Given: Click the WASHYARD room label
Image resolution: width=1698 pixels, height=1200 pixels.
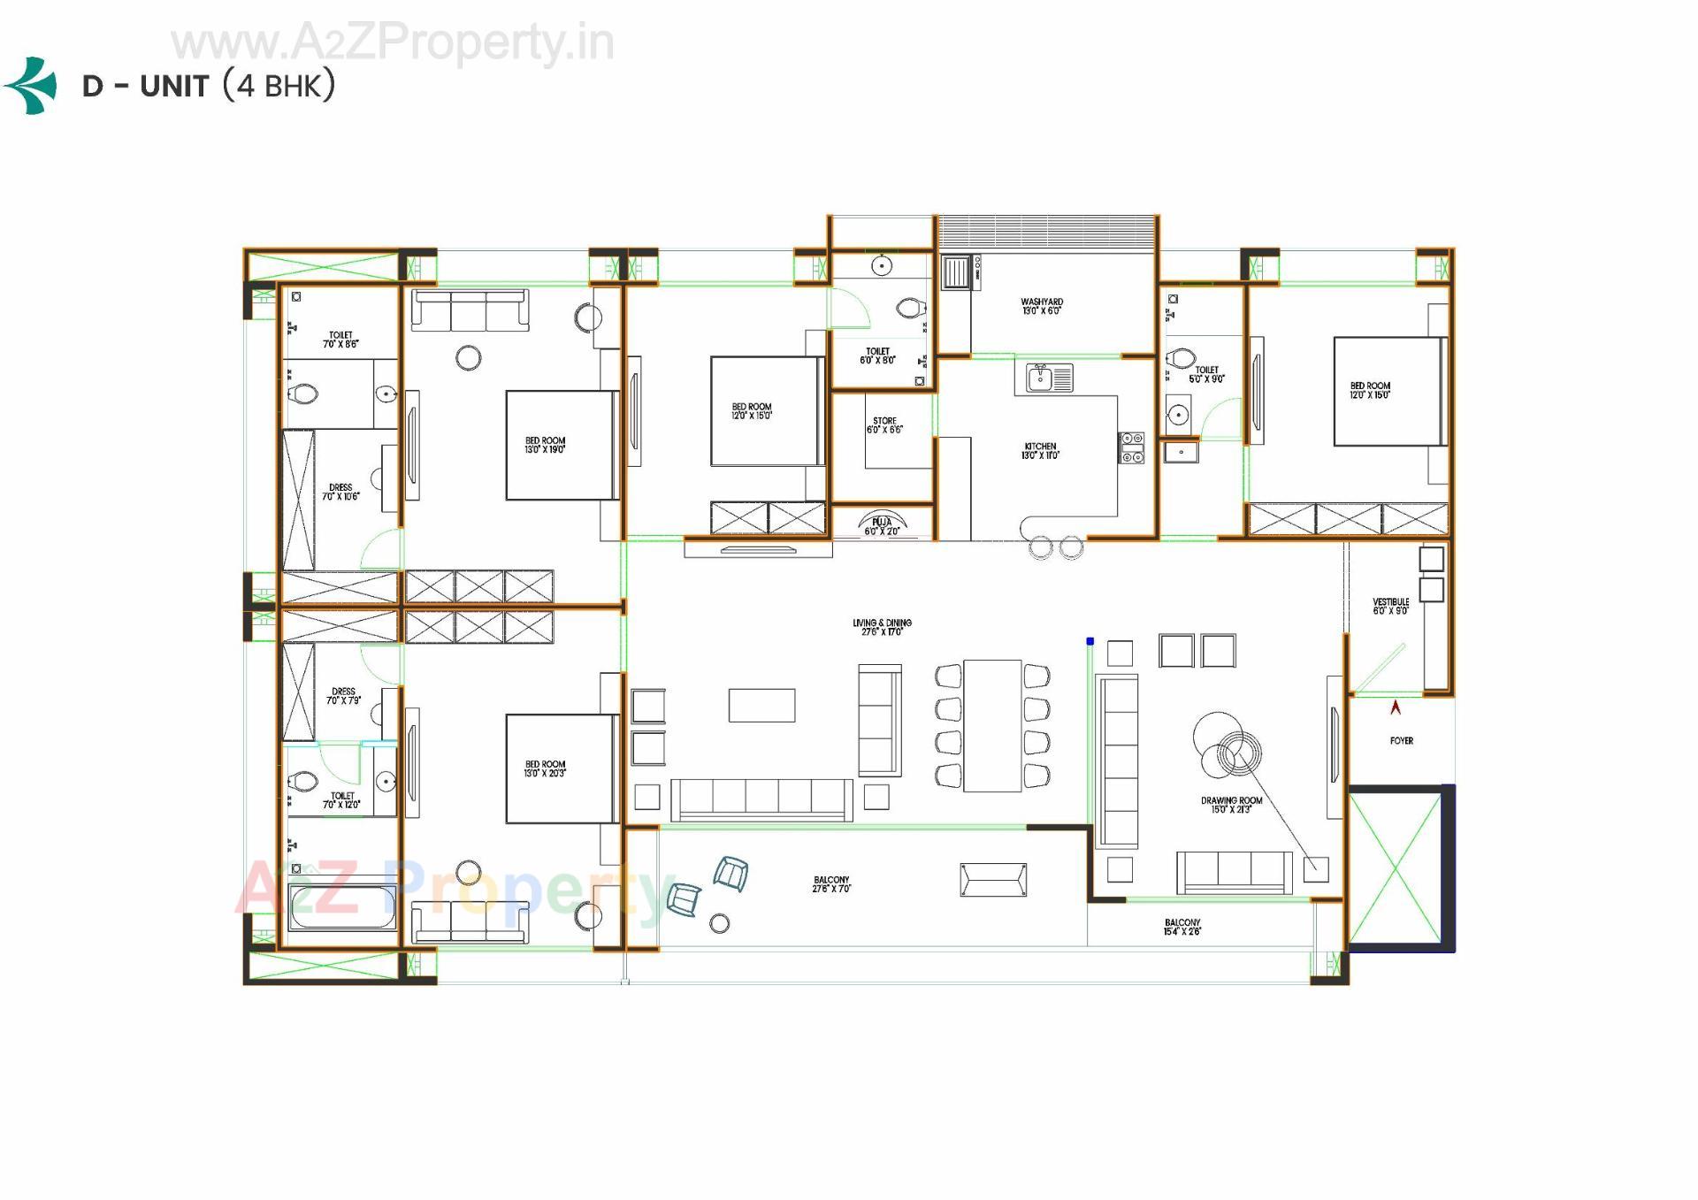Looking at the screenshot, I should point(1042,307).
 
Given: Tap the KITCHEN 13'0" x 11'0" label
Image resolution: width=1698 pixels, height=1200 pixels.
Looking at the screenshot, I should point(1040,451).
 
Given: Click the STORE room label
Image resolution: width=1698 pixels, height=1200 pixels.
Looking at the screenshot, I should point(884,425).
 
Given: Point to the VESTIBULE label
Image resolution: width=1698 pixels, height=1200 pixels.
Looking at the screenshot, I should point(1390,606).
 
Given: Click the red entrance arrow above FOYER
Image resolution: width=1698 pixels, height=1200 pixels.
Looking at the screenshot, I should point(1396,707).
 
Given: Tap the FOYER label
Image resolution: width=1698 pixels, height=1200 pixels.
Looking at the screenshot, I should point(1401,741).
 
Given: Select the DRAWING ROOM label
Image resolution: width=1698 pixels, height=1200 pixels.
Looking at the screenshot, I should point(1231,805).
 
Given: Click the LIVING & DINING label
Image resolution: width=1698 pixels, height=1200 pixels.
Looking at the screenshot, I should point(882,627).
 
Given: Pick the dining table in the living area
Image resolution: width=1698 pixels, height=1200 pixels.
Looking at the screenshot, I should point(992,725).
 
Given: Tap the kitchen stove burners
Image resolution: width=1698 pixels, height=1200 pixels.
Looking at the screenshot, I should point(1131,447).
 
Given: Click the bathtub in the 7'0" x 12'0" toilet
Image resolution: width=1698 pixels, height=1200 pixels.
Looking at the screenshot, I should point(341,908).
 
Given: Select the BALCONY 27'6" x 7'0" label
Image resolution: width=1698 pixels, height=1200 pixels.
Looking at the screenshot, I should point(831,884).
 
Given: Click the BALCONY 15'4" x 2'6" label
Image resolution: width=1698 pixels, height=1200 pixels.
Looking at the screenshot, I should point(1182,927).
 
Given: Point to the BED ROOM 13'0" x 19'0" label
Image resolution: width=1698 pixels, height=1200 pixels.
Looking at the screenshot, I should point(545,445).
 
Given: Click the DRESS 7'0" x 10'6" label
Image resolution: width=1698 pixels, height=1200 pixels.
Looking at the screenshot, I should point(340,492).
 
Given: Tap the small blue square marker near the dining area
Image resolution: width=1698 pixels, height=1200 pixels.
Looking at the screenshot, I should point(1090,641).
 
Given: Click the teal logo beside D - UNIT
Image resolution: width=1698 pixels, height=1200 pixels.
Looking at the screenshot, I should point(32,86).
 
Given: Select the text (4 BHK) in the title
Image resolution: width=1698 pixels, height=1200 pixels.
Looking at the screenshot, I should point(279,86).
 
